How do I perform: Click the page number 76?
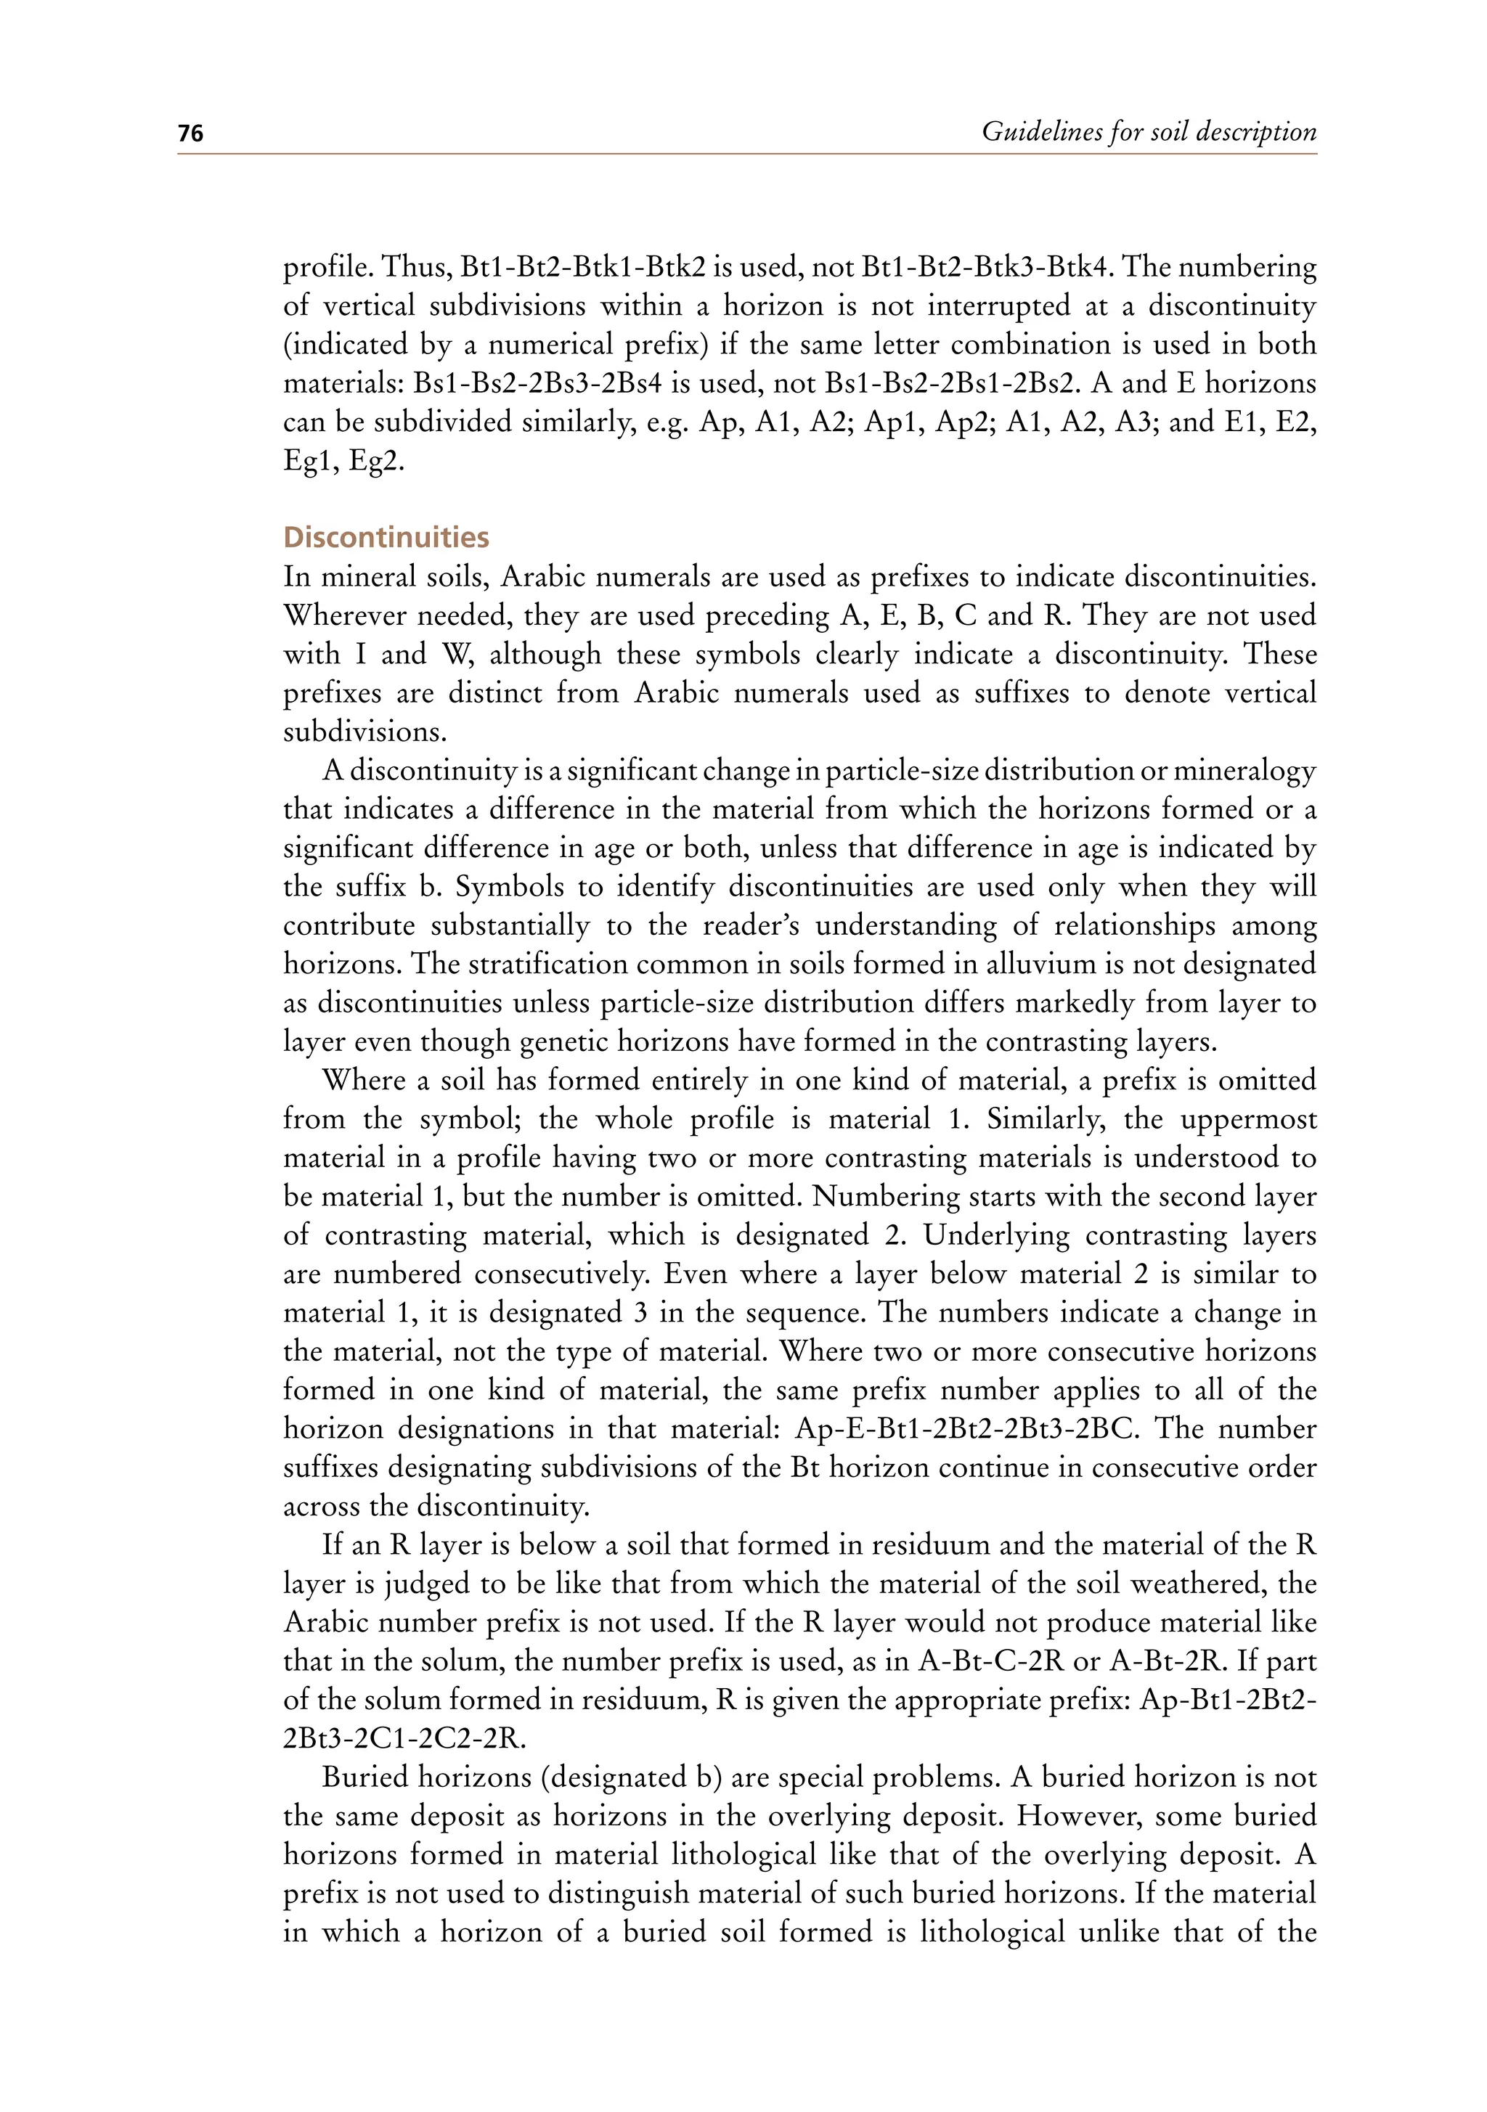tap(190, 134)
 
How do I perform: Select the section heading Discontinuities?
tap(386, 537)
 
